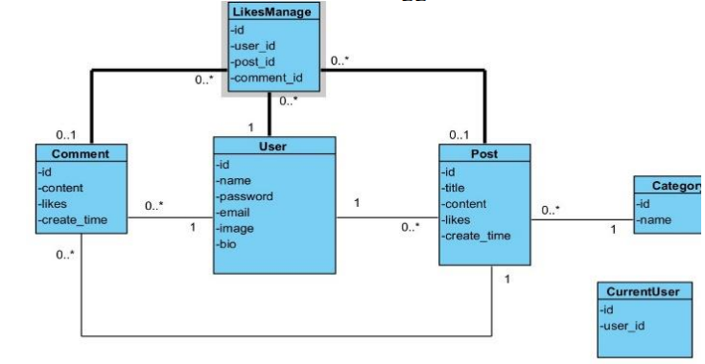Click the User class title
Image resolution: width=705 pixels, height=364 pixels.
coord(273,147)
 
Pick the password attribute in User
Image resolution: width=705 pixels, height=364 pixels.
coord(245,196)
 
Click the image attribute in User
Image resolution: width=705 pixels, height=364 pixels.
coord(237,229)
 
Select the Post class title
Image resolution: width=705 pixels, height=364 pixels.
coord(483,154)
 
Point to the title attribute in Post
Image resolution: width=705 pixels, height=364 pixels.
coord(458,187)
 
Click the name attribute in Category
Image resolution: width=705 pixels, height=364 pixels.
coord(656,219)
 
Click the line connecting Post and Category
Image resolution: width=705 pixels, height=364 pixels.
coord(580,221)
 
